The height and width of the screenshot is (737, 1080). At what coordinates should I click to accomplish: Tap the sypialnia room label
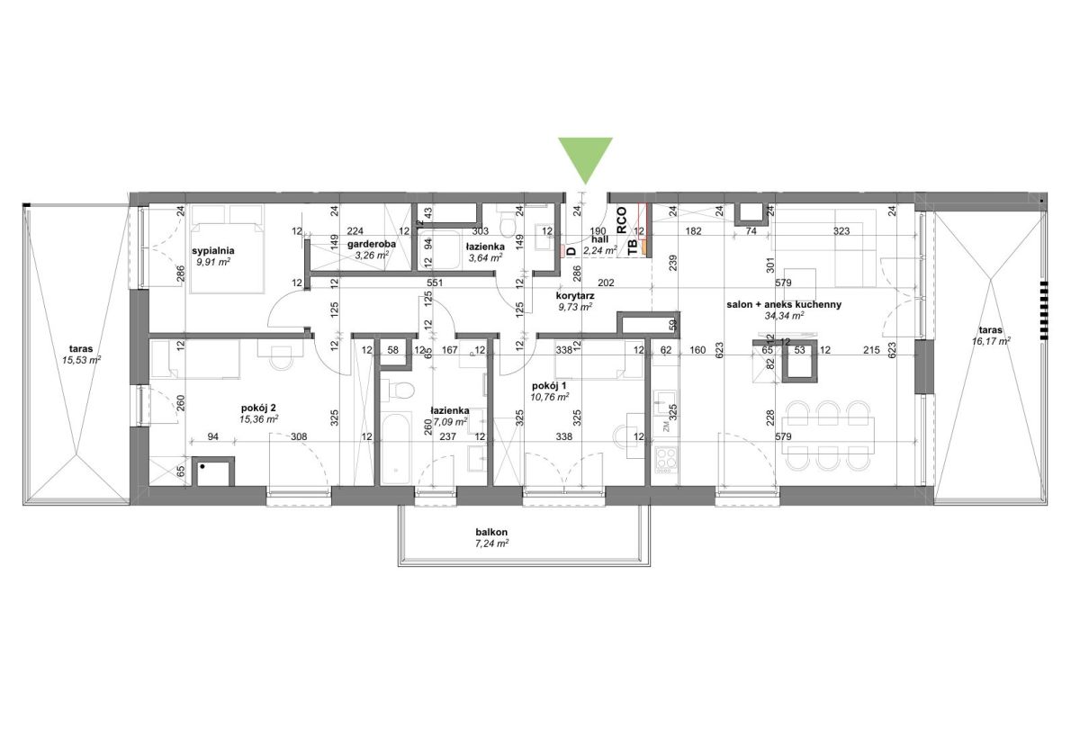pos(213,251)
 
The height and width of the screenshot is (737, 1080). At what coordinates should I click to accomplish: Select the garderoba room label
pos(371,244)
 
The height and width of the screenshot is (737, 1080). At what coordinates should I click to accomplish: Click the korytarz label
pos(575,296)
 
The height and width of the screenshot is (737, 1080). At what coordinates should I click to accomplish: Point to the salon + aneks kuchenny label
pos(784,305)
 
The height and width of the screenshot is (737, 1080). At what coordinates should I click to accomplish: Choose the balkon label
pos(491,532)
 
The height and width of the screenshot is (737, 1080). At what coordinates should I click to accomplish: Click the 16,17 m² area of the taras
pos(991,341)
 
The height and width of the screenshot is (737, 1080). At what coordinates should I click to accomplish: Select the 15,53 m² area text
pos(82,360)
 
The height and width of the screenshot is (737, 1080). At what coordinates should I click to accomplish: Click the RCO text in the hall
pos(622,220)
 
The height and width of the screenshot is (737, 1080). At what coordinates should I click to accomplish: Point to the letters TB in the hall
pos(633,247)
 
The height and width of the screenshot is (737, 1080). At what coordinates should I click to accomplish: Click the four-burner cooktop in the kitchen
pos(666,460)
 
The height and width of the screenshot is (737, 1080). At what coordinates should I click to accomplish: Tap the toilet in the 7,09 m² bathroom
pos(398,391)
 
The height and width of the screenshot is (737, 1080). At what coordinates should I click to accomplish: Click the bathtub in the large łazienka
pos(395,448)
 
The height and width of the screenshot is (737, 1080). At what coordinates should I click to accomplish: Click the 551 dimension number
pos(435,283)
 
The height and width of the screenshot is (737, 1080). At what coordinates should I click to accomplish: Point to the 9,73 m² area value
pos(576,307)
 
